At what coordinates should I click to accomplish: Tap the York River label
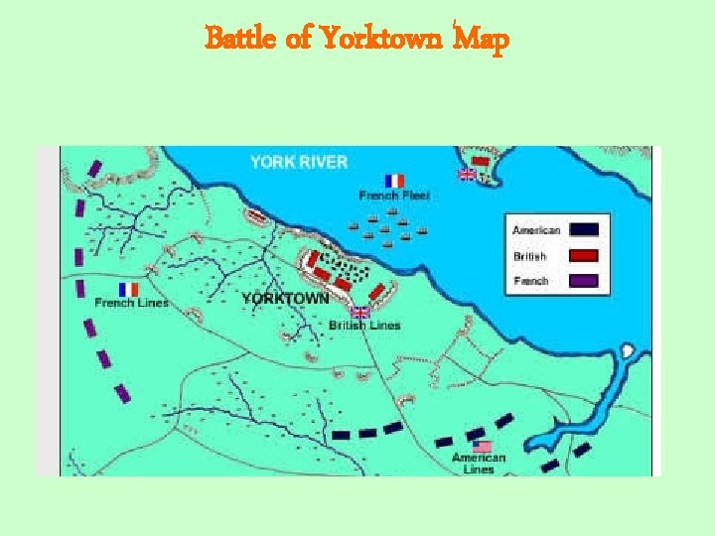coord(298,162)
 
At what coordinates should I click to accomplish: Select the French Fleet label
coord(394,196)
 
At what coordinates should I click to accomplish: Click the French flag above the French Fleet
coord(395,181)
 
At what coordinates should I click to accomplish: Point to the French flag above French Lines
coord(129,289)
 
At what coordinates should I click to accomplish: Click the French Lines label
coord(131,303)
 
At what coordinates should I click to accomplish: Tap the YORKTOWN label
coord(285,298)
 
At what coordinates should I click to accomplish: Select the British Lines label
coord(364,326)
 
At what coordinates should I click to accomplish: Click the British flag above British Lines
coord(359,313)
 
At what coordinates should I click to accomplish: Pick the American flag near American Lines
coord(483,447)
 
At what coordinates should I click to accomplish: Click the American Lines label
coord(479,464)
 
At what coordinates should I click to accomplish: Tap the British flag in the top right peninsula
coord(466,174)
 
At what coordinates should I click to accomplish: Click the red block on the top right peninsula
coord(481,161)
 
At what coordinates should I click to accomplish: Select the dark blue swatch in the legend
coord(583,229)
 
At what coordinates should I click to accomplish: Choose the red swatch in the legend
coord(583,255)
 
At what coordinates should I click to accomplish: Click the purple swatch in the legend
coord(583,281)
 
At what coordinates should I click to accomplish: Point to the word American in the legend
coord(536,230)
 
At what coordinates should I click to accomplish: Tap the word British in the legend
coord(529,256)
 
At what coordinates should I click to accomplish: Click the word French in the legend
coord(530,281)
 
